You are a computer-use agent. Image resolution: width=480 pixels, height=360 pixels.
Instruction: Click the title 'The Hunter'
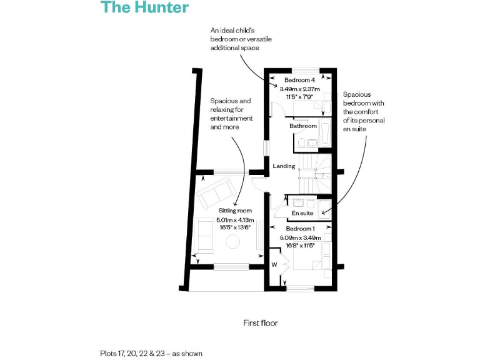144,7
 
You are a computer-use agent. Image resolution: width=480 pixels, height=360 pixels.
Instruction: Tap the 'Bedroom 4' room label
299,81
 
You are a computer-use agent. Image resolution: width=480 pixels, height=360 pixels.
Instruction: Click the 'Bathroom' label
303,126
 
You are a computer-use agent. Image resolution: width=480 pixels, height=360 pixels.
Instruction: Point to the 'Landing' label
284,166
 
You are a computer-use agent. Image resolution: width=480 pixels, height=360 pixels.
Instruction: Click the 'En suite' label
302,214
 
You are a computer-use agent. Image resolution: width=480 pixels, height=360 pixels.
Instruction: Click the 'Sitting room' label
235,211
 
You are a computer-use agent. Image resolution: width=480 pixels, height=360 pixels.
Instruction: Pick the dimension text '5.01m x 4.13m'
235,220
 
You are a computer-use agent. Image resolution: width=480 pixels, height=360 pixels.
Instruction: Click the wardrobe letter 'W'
274,265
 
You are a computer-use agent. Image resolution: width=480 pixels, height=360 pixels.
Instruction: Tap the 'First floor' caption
260,323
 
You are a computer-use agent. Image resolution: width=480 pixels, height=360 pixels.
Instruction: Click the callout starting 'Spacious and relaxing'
231,114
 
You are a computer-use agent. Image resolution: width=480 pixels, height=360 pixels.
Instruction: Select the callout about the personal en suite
363,111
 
